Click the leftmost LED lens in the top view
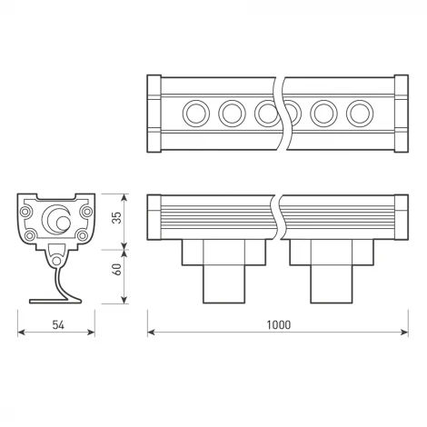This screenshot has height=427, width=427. (195, 114)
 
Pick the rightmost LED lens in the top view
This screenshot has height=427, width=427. (357, 114)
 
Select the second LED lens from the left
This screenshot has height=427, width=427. (231, 114)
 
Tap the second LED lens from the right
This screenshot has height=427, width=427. (323, 114)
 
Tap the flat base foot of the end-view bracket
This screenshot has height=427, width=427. (55, 301)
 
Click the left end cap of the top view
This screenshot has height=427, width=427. (154, 114)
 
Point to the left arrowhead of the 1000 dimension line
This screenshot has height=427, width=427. (152, 333)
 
